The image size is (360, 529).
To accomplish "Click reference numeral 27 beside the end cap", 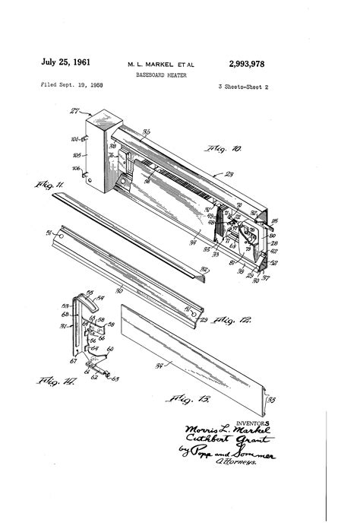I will coord(74,111).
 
